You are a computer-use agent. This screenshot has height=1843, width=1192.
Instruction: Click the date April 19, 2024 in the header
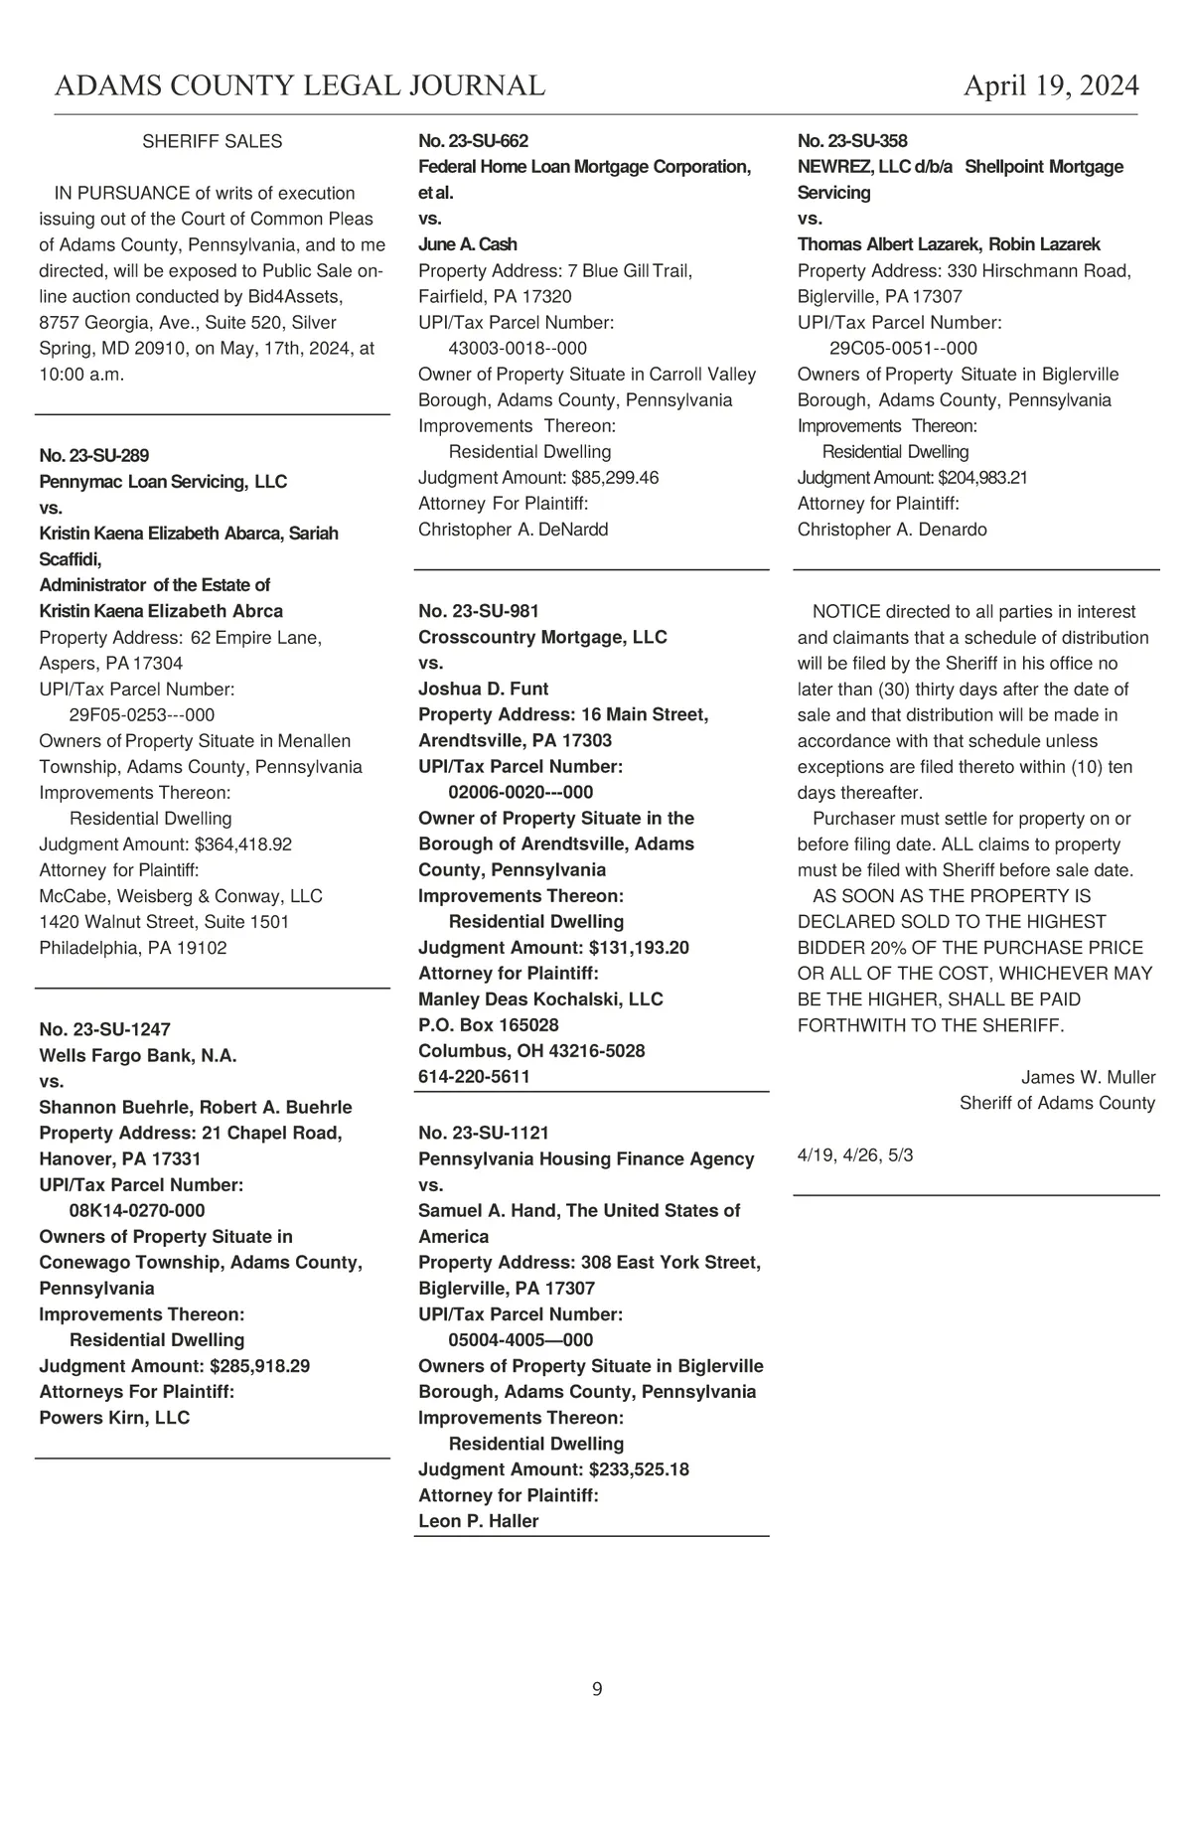pos(1051,86)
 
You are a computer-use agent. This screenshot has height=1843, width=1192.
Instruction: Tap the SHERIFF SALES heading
pos(213,142)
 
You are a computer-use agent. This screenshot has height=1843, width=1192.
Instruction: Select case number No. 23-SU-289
pos(94,456)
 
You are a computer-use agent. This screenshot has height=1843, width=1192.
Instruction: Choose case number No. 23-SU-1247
pos(104,1030)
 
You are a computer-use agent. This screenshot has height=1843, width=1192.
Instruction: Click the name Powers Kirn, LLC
pos(114,1418)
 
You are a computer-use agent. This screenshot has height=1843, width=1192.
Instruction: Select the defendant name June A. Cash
pos(468,244)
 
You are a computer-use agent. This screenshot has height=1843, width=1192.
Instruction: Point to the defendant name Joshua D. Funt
pos(484,690)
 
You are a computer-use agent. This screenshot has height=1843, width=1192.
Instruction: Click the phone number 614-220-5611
pos(475,1077)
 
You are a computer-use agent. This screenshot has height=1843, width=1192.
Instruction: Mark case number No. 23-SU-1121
pos(484,1134)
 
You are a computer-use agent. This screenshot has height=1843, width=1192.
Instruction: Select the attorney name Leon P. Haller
pos(479,1521)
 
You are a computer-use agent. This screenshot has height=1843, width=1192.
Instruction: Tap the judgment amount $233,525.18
pos(639,1469)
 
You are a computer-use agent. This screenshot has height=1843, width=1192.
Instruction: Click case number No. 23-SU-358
pos(852,142)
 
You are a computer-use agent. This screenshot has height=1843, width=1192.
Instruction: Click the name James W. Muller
pos(1088,1078)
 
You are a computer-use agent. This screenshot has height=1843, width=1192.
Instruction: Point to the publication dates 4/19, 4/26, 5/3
pos(855,1155)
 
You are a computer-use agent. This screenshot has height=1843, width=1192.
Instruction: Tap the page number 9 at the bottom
pos(597,1689)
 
